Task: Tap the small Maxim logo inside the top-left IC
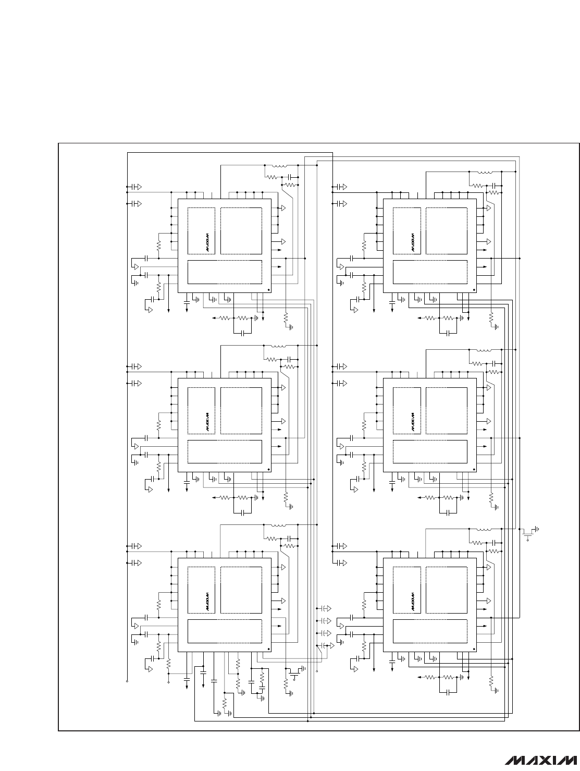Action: pos(208,242)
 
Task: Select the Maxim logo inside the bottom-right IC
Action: pos(413,602)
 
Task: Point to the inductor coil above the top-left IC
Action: pos(279,166)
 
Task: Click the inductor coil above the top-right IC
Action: pos(485,172)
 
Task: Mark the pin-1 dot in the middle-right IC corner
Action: pos(474,469)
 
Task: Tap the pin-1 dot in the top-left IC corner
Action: pos(268,290)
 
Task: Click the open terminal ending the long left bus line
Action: pos(127,681)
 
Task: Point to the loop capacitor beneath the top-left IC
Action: pos(242,333)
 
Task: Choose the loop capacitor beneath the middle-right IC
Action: pos(448,513)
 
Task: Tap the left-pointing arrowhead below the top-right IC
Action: pos(419,318)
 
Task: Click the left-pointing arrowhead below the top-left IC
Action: pos(214,318)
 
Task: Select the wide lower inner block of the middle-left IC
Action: pos(225,452)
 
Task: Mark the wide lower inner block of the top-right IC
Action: pos(430,272)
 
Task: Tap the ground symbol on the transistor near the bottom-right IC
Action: pos(537,529)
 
